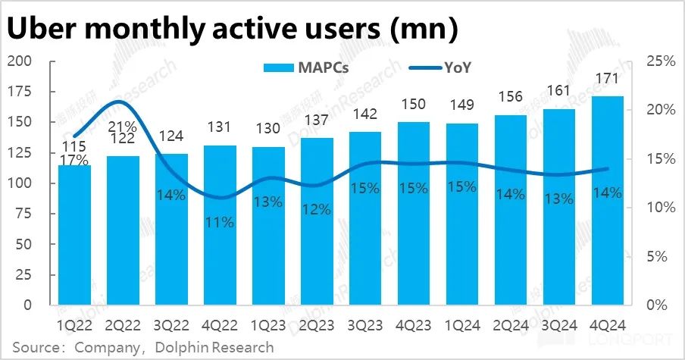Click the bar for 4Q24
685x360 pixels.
click(608, 201)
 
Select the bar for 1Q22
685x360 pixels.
click(74, 235)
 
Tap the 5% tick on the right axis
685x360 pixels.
click(661, 256)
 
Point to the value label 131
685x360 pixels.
click(220, 128)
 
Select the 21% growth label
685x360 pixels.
click(122, 126)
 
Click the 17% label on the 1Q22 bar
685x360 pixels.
click(74, 161)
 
